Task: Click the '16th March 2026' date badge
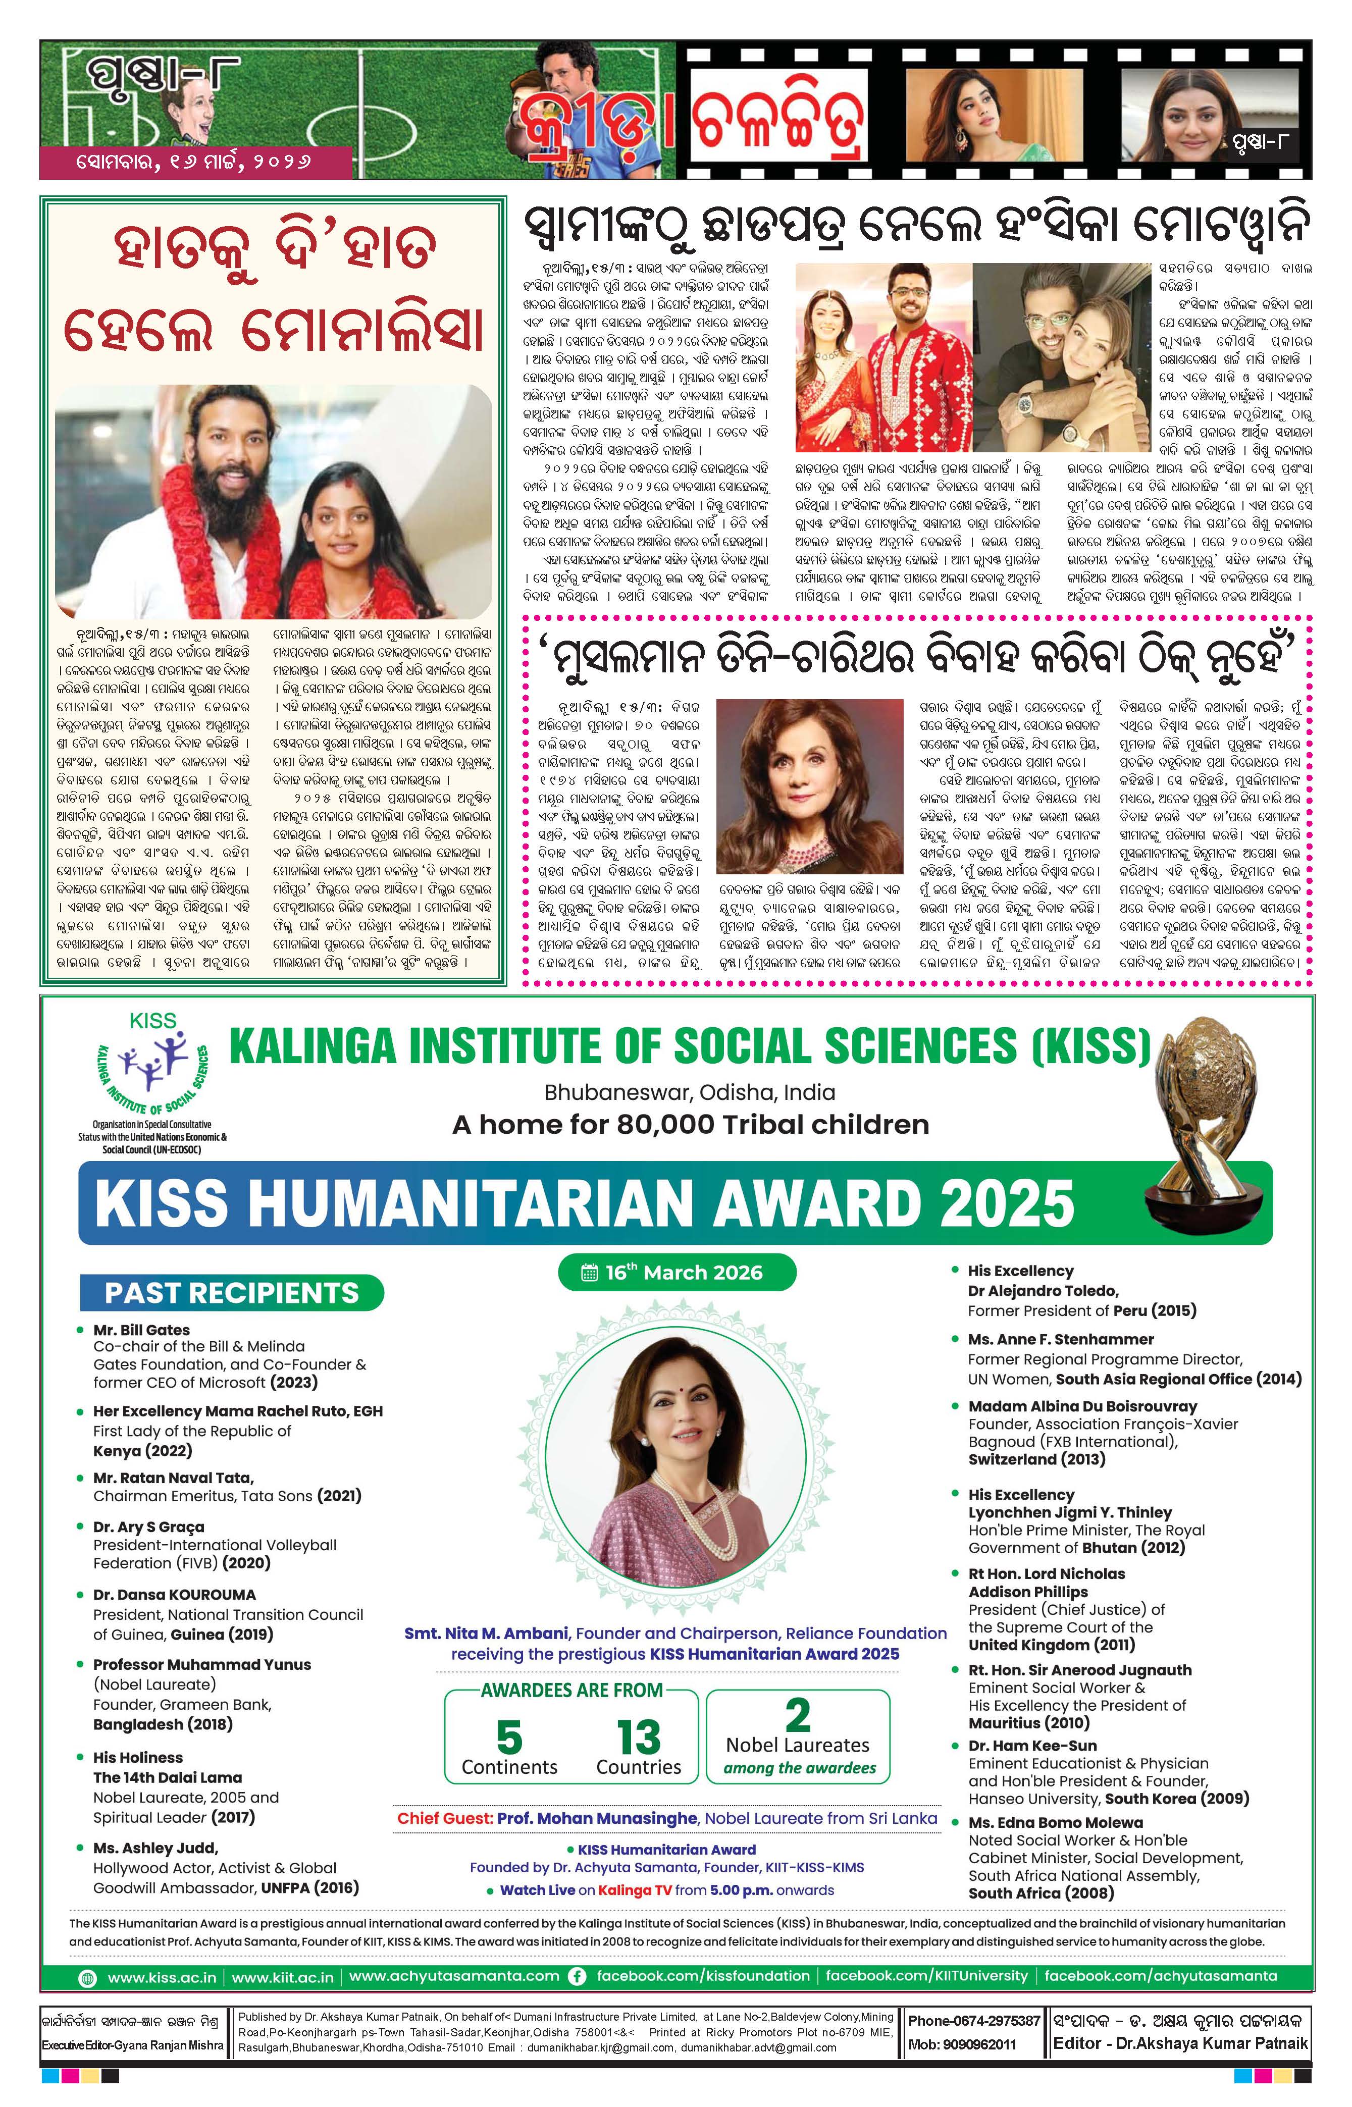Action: click(676, 1273)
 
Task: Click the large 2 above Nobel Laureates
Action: click(797, 1714)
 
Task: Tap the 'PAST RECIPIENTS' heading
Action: click(232, 1293)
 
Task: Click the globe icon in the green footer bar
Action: click(88, 1977)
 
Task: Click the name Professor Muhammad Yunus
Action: click(202, 1664)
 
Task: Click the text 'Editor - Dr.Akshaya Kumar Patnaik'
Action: click(1180, 2043)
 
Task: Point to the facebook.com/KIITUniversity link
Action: click(926, 1976)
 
